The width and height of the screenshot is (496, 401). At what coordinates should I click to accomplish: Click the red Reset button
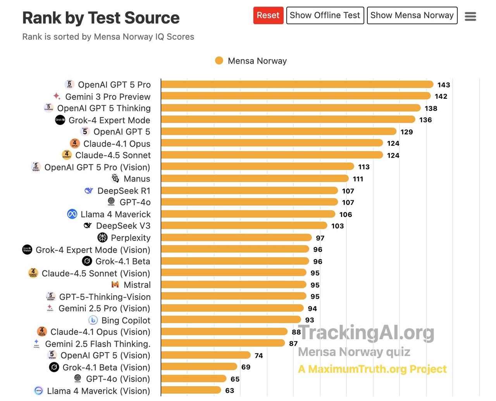[x=268, y=15]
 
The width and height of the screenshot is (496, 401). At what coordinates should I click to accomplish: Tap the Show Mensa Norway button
[x=412, y=15]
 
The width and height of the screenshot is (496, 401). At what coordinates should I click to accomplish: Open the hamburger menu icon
[x=470, y=16]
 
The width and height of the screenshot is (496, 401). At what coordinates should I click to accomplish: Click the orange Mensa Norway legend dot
[x=219, y=61]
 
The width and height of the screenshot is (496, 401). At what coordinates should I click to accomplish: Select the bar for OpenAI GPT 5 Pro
[x=297, y=84]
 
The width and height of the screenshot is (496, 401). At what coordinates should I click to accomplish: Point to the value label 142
[x=441, y=96]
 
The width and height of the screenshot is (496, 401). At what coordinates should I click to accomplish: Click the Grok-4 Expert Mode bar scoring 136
[x=288, y=120]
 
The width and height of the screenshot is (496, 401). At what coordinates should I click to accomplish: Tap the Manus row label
[x=137, y=179]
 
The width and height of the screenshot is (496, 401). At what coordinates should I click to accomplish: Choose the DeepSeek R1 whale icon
[x=89, y=191]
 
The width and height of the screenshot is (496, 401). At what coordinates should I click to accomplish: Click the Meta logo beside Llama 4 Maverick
[x=72, y=214]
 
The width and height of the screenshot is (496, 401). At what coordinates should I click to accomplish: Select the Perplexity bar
[x=236, y=238]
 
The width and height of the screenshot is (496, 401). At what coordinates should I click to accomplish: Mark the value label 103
[x=338, y=226]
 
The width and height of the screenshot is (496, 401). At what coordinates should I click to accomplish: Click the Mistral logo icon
[x=115, y=285]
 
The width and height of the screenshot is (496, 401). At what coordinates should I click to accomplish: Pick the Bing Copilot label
[x=126, y=320]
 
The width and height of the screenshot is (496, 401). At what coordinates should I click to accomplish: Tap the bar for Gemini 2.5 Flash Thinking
[x=223, y=343]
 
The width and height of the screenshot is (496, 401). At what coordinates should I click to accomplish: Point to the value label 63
[x=230, y=391]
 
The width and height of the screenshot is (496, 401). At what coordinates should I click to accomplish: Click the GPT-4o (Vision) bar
[x=193, y=379]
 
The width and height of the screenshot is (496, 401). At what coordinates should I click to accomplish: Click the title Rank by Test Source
[x=101, y=18]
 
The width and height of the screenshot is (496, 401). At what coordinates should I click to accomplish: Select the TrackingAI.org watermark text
[x=366, y=332]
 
